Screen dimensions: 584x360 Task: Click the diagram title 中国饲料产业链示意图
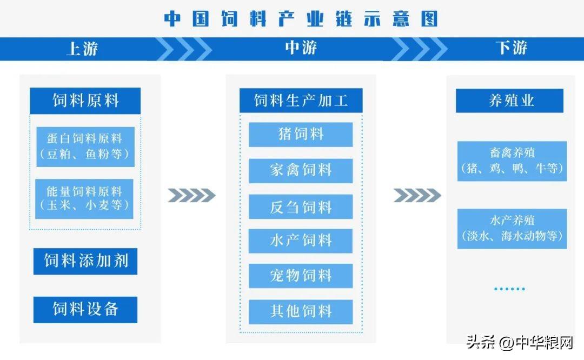[x=301, y=18]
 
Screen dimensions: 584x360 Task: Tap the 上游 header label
[x=82, y=49]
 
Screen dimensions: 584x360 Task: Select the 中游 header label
[x=301, y=48]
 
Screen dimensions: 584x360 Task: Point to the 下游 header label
[x=512, y=48]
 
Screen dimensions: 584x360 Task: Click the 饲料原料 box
[x=85, y=101]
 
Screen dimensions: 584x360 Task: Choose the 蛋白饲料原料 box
[x=85, y=146]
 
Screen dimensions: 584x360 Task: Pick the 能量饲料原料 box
[x=84, y=199]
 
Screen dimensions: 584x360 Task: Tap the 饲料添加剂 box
[x=85, y=261]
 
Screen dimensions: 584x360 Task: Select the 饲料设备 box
[x=85, y=310]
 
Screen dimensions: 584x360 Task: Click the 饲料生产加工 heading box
[x=301, y=101]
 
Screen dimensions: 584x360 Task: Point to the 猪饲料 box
[x=301, y=135]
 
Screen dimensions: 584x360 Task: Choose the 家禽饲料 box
[x=301, y=171]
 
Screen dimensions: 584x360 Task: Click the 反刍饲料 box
[x=301, y=206]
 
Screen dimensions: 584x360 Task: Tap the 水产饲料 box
[x=301, y=241]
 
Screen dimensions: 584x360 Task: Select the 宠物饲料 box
[x=301, y=276]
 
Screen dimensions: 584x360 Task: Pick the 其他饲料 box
[x=301, y=312]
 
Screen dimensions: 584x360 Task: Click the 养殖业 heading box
[x=509, y=101]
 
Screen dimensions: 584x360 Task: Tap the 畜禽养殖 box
[x=512, y=161]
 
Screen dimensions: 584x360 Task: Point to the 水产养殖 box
[x=512, y=229]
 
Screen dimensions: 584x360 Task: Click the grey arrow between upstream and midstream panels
[x=191, y=196]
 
